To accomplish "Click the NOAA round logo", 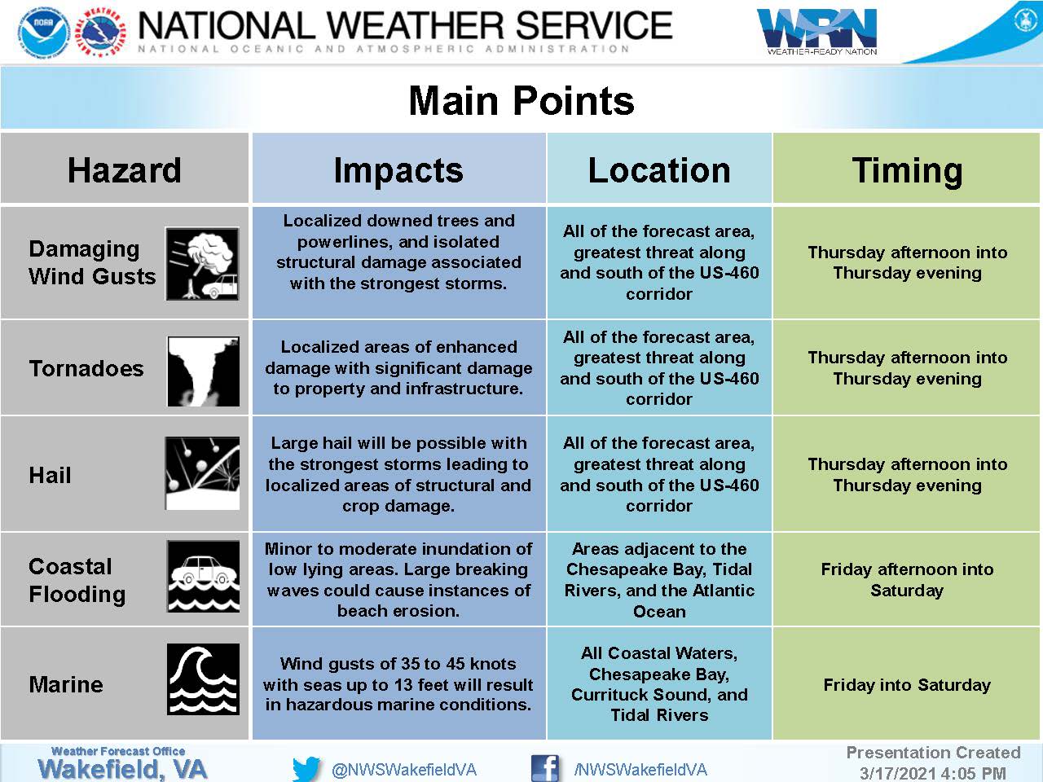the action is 44,33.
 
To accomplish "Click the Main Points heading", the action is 521,100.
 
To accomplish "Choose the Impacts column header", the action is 398,170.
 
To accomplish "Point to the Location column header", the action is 659,170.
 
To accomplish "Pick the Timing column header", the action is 907,170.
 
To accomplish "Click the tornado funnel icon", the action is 204,371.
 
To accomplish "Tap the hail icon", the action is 202,473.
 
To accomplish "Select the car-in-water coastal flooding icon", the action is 204,576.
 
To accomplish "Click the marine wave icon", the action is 204,679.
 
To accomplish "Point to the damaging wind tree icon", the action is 202,263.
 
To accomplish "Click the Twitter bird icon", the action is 306,768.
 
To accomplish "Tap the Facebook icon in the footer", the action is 545,768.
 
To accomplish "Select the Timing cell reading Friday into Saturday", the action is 907,685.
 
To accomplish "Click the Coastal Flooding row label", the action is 77,580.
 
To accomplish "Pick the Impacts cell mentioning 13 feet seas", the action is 398,683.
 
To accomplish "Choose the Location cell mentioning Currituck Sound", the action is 659,683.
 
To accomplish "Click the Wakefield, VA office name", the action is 122,769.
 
